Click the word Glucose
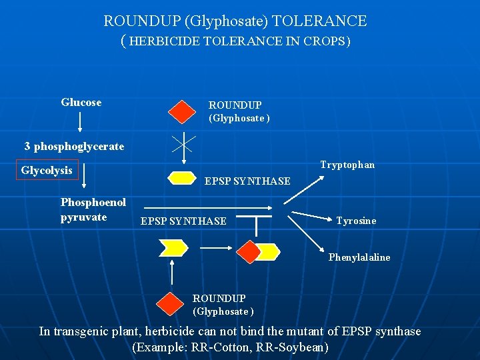pyautogui.click(x=81, y=103)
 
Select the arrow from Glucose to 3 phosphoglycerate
pyautogui.click(x=81, y=122)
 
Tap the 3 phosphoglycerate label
pyautogui.click(x=74, y=146)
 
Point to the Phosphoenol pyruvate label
pyautogui.click(x=93, y=209)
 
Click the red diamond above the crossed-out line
pyautogui.click(x=181, y=111)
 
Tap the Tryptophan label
pyautogui.click(x=347, y=165)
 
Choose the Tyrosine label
pyautogui.click(x=356, y=221)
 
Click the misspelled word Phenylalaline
pyautogui.click(x=359, y=257)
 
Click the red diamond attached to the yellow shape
pyautogui.click(x=249, y=251)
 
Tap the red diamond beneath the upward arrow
pyautogui.click(x=171, y=303)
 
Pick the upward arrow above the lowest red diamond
pyautogui.click(x=173, y=273)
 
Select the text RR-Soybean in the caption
pyautogui.click(x=298, y=347)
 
